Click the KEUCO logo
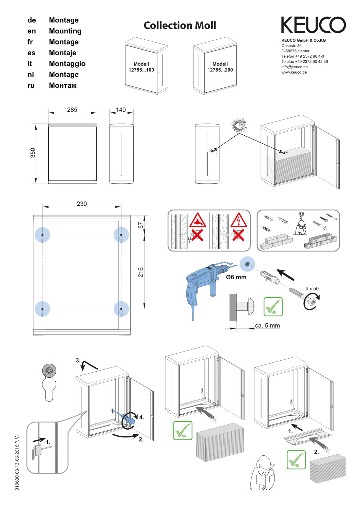click(x=313, y=25)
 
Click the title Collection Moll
click(x=179, y=25)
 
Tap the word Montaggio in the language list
click(x=67, y=64)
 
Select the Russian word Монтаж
click(x=63, y=86)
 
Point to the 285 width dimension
click(x=72, y=110)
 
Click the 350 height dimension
click(x=33, y=153)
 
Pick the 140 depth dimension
click(x=121, y=110)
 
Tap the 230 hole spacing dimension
click(x=81, y=204)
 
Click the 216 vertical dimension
click(x=140, y=272)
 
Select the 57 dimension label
click(x=140, y=225)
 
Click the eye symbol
click(x=240, y=125)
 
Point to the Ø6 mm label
click(x=236, y=277)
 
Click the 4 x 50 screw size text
click(x=312, y=289)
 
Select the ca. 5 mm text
click(x=267, y=326)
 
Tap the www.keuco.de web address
click(x=294, y=72)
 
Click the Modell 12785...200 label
click(x=220, y=67)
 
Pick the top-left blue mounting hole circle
click(x=42, y=235)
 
